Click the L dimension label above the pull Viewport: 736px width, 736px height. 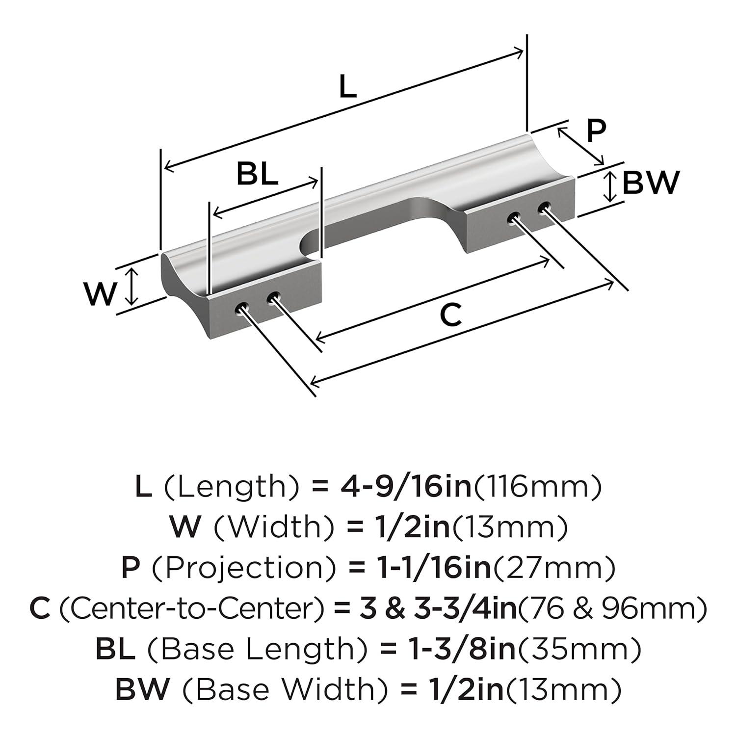347,87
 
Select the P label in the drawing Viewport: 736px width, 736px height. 596,131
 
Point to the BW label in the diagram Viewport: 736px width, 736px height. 651,183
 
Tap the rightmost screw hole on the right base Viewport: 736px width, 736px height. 544,207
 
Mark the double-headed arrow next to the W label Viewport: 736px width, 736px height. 130,287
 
